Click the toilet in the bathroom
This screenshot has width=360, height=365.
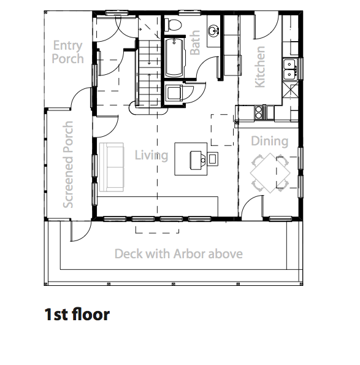173,25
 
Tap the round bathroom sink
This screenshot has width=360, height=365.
213,30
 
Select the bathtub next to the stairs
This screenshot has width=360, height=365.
175,58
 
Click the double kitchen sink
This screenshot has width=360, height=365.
289,69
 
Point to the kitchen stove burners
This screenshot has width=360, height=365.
258,113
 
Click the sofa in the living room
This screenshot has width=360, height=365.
111,167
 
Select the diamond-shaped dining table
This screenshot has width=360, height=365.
270,173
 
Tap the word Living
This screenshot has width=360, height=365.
151,155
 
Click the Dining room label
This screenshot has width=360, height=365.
269,141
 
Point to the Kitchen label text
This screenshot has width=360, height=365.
260,67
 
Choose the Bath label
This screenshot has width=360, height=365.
195,43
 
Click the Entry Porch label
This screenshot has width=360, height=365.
67,52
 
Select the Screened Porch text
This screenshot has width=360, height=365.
68,164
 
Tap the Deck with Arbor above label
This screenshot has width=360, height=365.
178,253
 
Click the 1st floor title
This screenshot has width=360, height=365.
77,314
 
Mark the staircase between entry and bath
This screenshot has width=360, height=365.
148,72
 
